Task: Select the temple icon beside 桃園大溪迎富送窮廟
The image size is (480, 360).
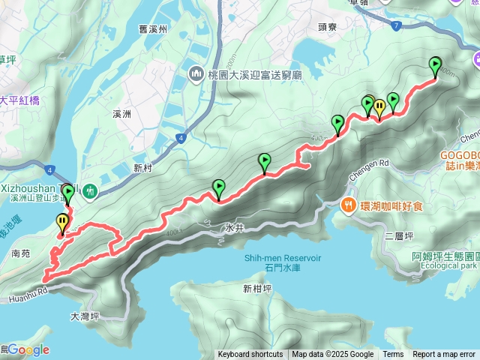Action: [196, 73]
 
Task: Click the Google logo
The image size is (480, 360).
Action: [28, 349]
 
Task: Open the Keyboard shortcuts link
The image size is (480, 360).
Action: [250, 355]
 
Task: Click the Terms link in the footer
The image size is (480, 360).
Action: [393, 355]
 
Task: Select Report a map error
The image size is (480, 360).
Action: [444, 355]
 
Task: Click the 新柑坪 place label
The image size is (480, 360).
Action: [256, 289]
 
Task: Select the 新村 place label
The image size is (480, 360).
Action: [143, 166]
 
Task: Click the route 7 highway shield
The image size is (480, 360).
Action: [397, 25]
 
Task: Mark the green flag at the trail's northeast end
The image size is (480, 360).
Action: [435, 66]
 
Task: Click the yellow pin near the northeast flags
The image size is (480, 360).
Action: [380, 108]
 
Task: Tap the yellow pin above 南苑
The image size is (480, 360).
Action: [61, 222]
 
